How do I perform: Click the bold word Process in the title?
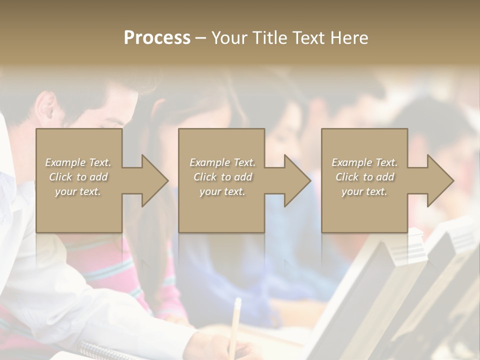[157, 38]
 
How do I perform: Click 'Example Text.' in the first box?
[78, 162]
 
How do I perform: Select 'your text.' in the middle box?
[222, 191]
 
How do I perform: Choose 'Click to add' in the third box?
[365, 177]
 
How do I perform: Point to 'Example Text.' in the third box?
[364, 162]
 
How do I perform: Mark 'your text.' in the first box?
[78, 191]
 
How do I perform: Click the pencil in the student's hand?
[235, 320]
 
